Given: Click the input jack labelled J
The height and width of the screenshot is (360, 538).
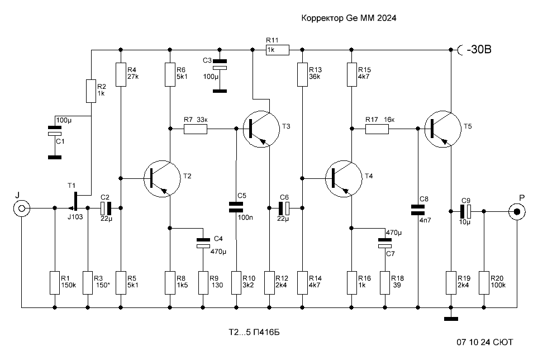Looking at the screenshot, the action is (22, 208).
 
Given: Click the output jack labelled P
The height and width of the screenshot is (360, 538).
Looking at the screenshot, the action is (517, 212).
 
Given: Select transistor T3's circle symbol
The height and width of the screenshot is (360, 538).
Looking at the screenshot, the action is (261, 129).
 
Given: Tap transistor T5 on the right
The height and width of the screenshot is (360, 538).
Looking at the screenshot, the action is (442, 129).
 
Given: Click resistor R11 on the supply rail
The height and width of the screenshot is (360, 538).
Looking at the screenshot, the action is (278, 50).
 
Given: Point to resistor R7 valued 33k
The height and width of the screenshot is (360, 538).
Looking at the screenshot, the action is (196, 129).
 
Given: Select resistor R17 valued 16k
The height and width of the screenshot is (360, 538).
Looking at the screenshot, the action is (377, 129).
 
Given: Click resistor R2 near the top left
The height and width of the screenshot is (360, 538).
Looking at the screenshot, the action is (91, 91).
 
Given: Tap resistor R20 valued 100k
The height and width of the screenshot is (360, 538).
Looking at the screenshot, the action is (484, 283).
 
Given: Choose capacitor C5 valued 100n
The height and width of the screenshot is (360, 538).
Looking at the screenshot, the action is (236, 207).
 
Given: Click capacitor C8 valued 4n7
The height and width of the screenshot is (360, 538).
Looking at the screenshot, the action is (417, 210).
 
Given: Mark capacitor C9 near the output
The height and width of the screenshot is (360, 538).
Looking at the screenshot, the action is (465, 212).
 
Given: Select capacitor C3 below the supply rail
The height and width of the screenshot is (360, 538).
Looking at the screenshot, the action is (220, 64).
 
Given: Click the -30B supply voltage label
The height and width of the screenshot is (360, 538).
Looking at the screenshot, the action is (479, 50).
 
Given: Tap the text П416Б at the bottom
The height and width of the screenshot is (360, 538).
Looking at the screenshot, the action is (266, 332).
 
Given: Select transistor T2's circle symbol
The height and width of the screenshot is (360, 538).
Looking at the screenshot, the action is (162, 178).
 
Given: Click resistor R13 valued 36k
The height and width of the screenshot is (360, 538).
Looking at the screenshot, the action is (302, 74).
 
